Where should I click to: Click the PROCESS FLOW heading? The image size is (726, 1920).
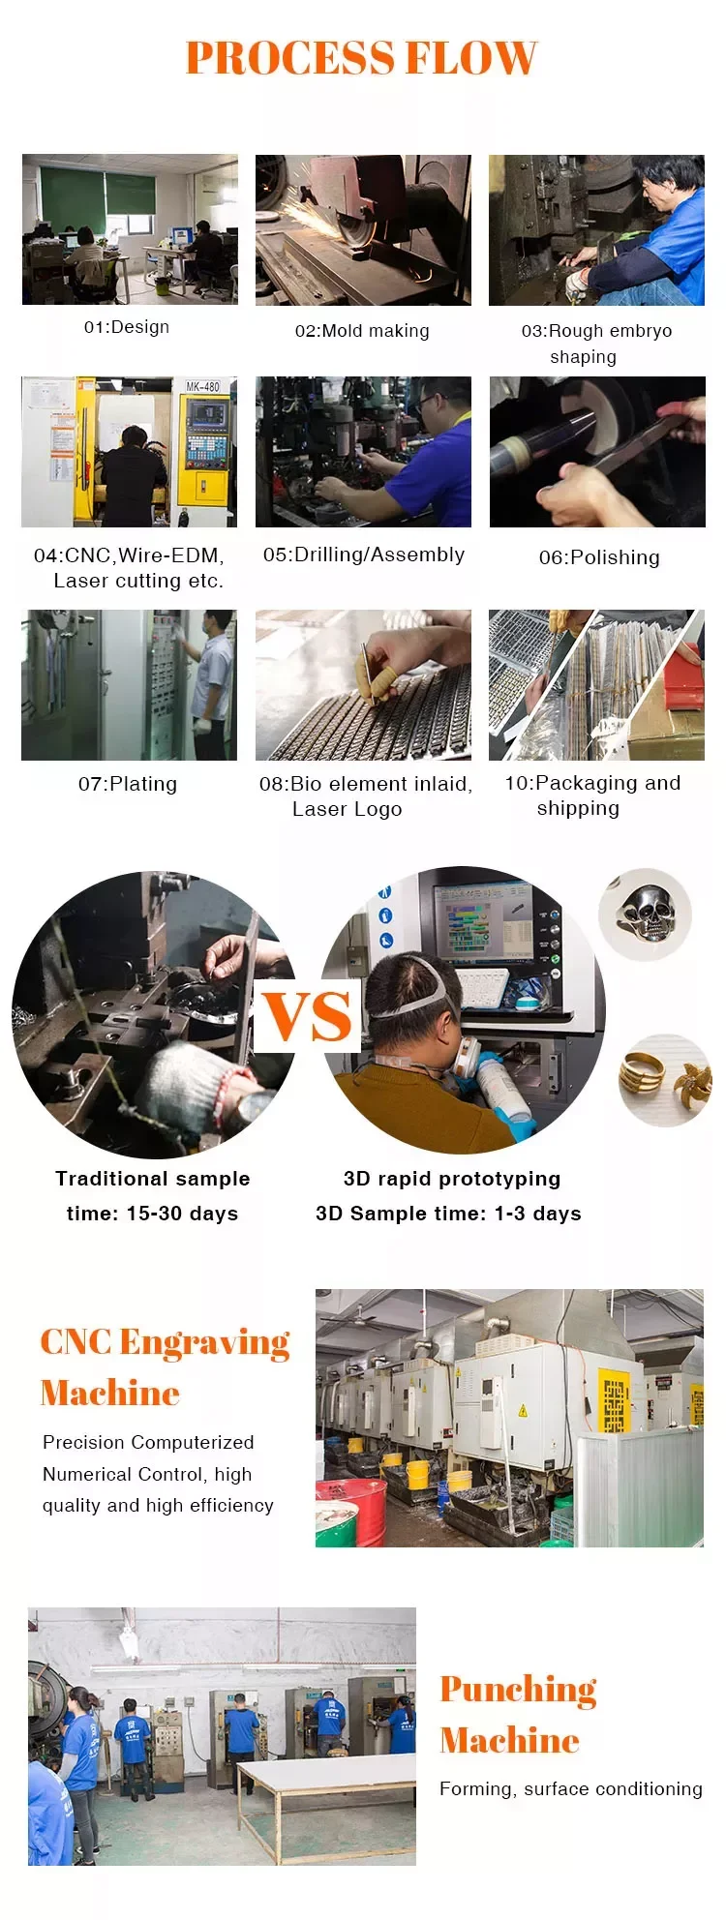point(361,58)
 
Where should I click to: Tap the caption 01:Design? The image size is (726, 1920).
point(127,327)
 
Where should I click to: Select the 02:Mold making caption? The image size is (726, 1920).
point(362,331)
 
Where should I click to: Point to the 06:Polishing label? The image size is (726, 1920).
point(599,557)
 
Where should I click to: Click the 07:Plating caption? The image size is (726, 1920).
point(128,784)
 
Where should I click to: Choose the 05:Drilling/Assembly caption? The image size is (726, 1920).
point(364,555)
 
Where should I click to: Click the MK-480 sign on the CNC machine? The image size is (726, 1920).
point(202,386)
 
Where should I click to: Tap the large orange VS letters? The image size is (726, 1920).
point(308,1016)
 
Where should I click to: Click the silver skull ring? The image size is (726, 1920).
point(646,912)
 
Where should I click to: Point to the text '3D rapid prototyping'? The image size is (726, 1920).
point(452,1179)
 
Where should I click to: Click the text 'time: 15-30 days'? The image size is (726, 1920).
point(152,1214)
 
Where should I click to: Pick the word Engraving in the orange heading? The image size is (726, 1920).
point(204,1342)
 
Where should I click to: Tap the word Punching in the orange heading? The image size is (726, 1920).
point(518,1689)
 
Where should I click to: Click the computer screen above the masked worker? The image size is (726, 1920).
point(482,919)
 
